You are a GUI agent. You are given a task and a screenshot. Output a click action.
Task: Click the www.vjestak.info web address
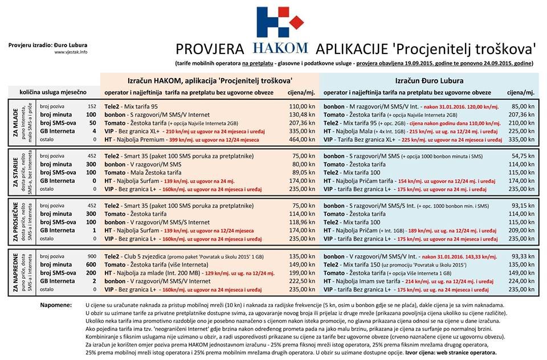coord(71,52)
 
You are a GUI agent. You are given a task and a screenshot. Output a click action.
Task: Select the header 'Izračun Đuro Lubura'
coord(428,80)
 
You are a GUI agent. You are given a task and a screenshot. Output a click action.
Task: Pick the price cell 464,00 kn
coord(301,139)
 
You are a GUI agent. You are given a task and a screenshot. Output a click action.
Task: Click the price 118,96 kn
coord(301,222)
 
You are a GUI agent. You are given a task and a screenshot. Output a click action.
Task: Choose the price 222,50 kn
coord(301,281)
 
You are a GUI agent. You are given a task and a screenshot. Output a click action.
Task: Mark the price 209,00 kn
coord(521,230)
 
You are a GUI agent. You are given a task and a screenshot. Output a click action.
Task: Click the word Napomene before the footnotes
coord(56,306)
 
